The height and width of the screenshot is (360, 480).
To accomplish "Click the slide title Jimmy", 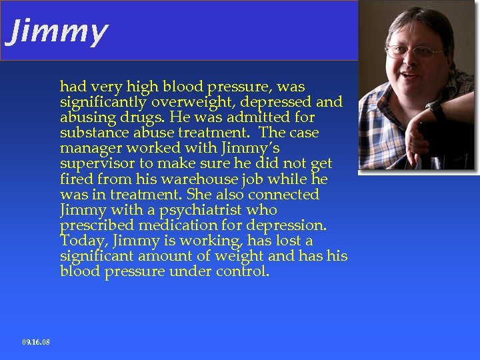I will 56,31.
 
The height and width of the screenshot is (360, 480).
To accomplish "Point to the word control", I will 242,271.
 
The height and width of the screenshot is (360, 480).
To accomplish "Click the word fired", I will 76,179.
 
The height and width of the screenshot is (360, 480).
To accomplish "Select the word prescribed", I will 95,225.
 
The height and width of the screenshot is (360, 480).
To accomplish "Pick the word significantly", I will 105,102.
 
